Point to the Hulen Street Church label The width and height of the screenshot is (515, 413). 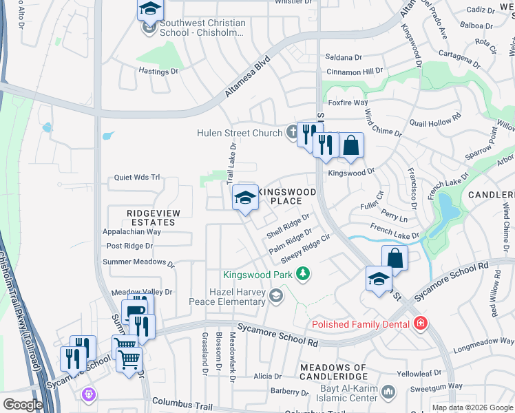click(x=240, y=133)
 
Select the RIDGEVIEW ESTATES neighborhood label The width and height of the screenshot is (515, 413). click(x=153, y=218)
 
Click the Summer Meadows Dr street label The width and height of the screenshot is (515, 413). click(x=138, y=262)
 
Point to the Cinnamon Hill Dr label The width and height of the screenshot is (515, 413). click(x=354, y=72)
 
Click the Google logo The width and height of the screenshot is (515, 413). click(x=22, y=405)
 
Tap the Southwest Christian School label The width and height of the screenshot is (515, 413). click(x=202, y=28)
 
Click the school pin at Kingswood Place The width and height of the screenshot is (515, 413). click(x=245, y=199)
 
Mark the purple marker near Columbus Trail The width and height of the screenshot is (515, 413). click(x=87, y=394)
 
